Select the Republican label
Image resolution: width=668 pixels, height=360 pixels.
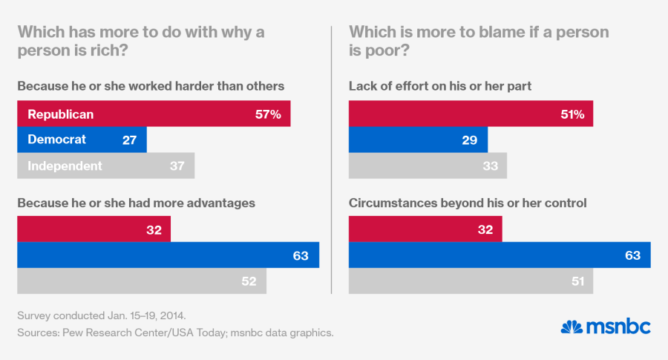coord(60,114)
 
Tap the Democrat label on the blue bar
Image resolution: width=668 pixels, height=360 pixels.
coord(56,140)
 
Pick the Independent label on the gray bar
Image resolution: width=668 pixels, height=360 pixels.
coord(65,166)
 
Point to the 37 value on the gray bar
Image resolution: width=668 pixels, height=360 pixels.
coord(177,166)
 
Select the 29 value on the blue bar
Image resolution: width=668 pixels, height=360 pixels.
coord(469,140)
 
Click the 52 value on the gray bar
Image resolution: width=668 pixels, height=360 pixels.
coord(249,281)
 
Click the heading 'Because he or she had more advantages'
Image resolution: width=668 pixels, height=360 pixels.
coord(137,202)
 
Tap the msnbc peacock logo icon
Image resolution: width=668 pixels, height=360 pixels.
coord(572,327)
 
